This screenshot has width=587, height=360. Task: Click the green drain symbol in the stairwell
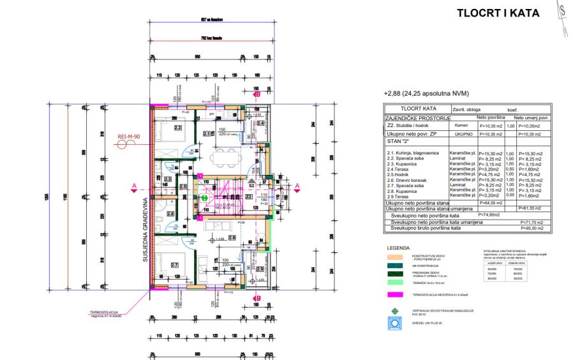(205, 198)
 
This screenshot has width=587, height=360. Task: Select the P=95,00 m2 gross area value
(529, 227)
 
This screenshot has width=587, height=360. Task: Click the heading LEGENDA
(398, 247)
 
